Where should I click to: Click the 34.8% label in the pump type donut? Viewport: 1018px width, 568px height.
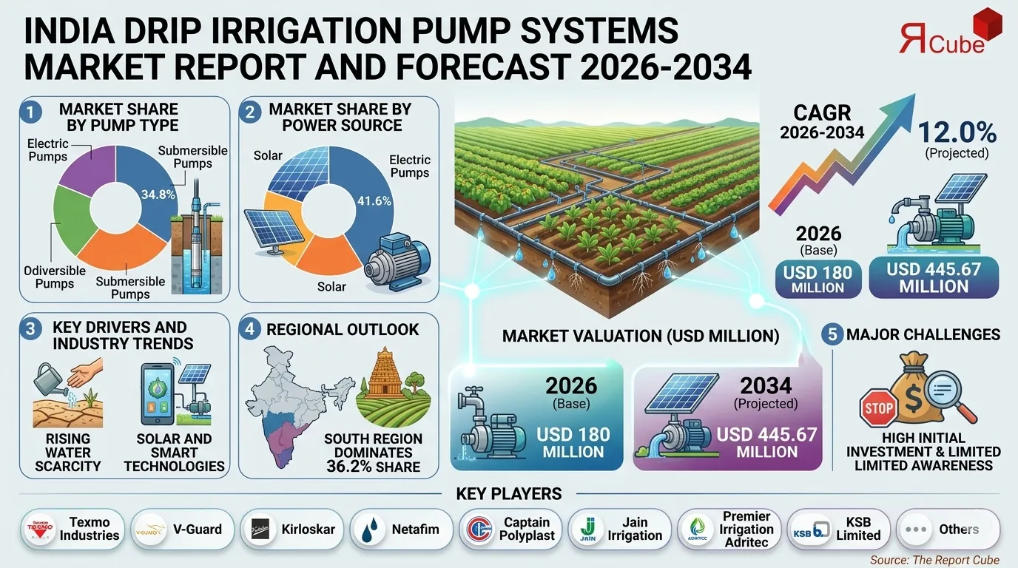tap(157, 195)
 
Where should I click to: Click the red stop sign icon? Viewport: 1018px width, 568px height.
tap(877, 407)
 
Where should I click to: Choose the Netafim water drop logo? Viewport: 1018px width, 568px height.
tap(368, 530)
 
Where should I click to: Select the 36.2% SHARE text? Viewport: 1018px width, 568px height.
tap(373, 467)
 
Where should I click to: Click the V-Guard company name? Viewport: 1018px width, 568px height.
tap(198, 530)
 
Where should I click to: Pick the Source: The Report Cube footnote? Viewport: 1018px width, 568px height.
tap(934, 560)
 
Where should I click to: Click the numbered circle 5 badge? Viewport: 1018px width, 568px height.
tap(832, 334)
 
